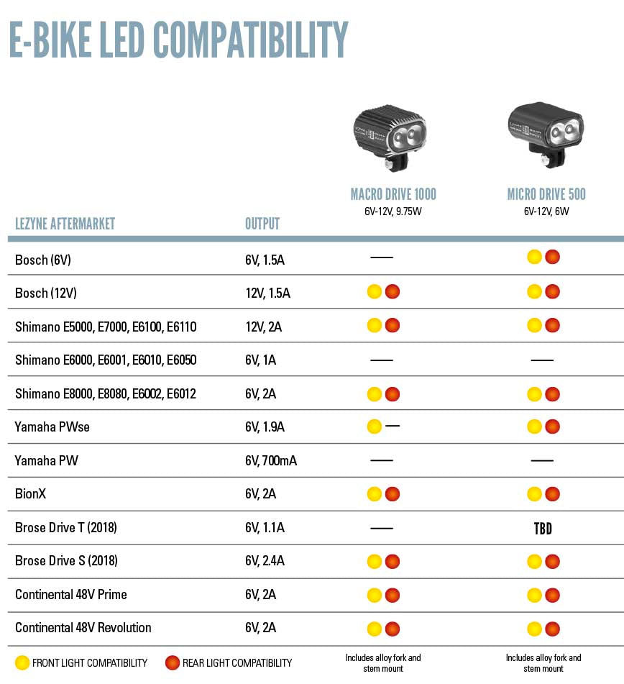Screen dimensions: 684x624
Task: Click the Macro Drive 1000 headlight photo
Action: pyautogui.click(x=390, y=137)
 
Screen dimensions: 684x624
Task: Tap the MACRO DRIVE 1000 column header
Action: pyautogui.click(x=393, y=194)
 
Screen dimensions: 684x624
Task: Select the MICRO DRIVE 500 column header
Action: pyautogui.click(x=546, y=194)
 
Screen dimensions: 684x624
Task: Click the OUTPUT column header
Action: pyautogui.click(x=262, y=224)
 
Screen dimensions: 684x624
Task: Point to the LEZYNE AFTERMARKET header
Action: pyautogui.click(x=65, y=224)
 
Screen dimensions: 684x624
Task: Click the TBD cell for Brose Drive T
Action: pyautogui.click(x=543, y=529)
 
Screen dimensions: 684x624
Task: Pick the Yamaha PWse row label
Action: pyautogui.click(x=52, y=427)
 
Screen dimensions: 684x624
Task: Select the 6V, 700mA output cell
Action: pyautogui.click(x=271, y=460)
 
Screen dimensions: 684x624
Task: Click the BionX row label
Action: pyautogui.click(x=31, y=494)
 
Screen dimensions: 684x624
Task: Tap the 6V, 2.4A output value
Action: pyautogui.click(x=265, y=561)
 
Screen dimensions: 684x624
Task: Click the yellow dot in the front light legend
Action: pyautogui.click(x=22, y=662)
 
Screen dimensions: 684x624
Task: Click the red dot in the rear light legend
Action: pyautogui.click(x=173, y=662)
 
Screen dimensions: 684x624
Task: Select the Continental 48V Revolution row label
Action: pyautogui.click(x=83, y=628)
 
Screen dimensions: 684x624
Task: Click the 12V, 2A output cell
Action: pyautogui.click(x=263, y=327)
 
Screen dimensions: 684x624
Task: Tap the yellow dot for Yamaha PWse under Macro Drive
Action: pyautogui.click(x=374, y=427)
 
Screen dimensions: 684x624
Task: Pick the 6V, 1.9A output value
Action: pyautogui.click(x=265, y=427)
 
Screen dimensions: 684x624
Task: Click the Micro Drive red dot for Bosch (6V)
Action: pyautogui.click(x=552, y=257)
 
